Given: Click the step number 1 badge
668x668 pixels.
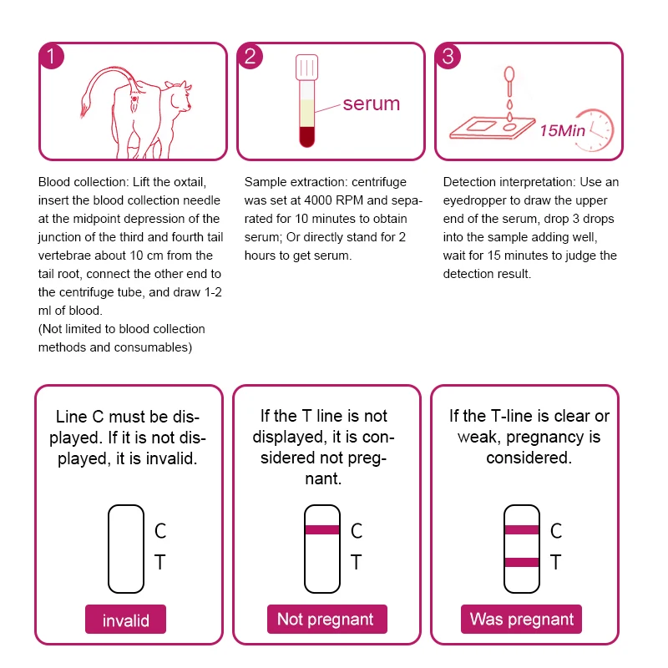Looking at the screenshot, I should point(52,57).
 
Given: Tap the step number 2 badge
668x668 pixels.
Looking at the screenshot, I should point(250,57).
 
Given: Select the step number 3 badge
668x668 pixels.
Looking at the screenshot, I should point(448,57).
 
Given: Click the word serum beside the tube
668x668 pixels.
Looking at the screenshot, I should point(372,104).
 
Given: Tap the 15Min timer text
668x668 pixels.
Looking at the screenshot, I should point(562,130).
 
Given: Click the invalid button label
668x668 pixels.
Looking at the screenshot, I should point(126,620).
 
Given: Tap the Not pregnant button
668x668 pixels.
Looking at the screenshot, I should point(325,620).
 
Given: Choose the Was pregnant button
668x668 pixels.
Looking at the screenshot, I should point(522,620).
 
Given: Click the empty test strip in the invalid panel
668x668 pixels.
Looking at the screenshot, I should point(126,548).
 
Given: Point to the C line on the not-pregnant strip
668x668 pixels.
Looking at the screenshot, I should point(322,529).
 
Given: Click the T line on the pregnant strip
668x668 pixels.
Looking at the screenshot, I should point(521,562).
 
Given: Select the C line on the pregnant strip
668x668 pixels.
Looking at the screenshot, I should point(521,529).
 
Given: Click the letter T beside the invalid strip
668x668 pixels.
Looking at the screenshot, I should point(159,563).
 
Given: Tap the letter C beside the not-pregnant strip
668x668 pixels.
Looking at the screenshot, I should point(357,530).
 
